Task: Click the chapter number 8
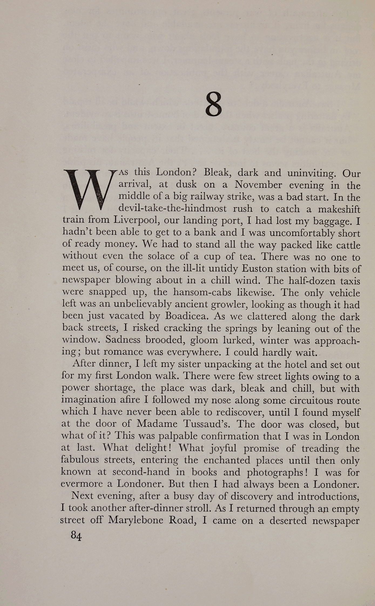pos(213,104)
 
